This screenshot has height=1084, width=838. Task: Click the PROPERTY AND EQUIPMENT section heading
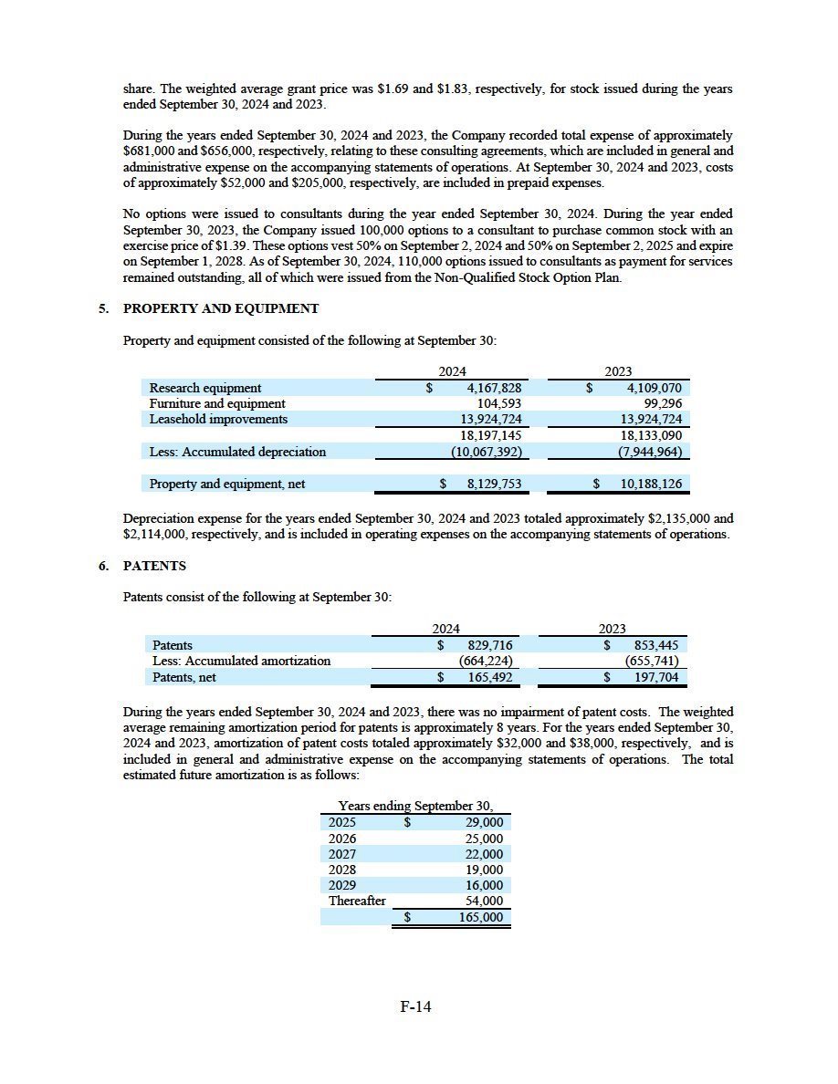pos(221,308)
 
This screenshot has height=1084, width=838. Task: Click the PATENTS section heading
pos(154,566)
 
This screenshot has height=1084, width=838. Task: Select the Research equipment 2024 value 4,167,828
pos(487,388)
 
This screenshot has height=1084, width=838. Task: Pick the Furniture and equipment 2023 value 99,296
pos(663,403)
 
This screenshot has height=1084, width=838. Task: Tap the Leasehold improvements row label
pos(218,419)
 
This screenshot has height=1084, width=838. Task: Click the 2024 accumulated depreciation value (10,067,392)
pos(486,452)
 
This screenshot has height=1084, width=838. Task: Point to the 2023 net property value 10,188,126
pos(650,484)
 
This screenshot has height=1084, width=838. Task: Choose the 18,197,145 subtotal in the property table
pos(487,435)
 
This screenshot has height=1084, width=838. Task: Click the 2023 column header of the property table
pos(618,371)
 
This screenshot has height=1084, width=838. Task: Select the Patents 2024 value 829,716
pos(489,645)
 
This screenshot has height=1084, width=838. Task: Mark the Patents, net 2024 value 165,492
pos(489,677)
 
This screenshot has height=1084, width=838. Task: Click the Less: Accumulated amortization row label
pos(241,661)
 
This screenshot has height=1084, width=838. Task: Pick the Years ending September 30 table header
pos(415,806)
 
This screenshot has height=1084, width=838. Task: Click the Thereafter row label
pos(357,901)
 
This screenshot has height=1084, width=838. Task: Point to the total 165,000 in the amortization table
pos(481,917)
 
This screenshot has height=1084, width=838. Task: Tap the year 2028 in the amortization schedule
pos(342,870)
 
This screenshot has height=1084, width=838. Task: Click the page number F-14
pos(415,1007)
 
